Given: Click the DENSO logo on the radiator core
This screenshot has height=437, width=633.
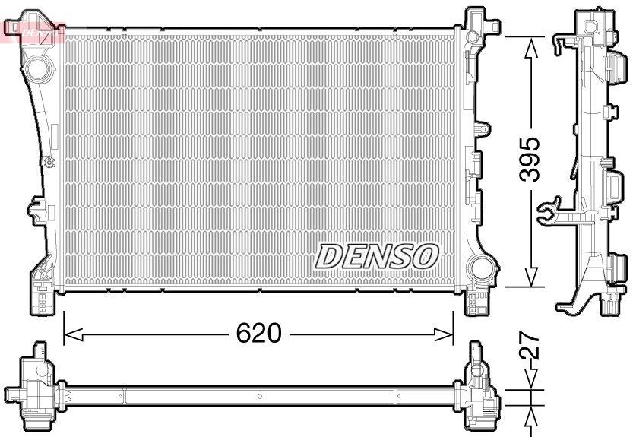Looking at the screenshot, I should click(376, 256).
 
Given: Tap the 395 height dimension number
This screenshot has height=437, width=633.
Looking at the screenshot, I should click(529, 159).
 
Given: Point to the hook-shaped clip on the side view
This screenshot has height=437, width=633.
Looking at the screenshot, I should click(547, 211).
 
